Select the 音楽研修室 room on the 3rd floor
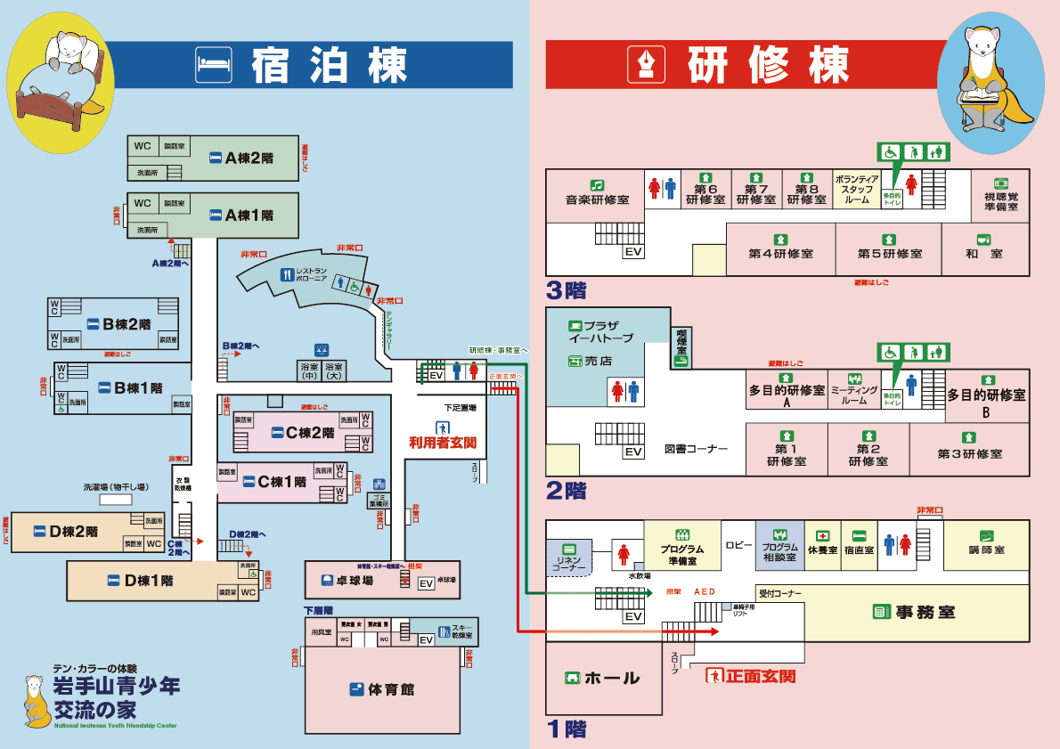click(x=597, y=199)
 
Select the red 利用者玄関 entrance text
click(x=443, y=442)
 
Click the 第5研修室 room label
click(x=889, y=253)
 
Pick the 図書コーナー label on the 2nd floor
click(x=697, y=448)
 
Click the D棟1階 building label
click(x=149, y=581)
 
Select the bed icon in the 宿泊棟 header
click(x=214, y=64)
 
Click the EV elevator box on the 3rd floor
click(x=633, y=252)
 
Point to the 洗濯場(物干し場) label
click(x=116, y=487)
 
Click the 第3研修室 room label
click(x=969, y=453)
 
